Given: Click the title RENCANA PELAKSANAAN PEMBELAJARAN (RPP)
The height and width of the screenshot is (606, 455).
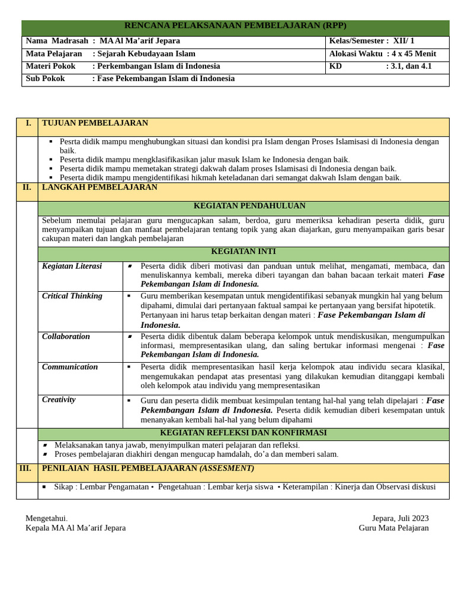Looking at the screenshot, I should (235, 25).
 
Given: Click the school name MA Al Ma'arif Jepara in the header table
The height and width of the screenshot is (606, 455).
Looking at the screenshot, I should (140, 41).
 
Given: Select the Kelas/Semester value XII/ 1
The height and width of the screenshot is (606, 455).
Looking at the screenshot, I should (404, 41).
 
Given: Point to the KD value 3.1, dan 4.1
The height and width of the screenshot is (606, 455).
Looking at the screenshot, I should (409, 66).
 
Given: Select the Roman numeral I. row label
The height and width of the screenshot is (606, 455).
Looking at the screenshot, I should (27, 123).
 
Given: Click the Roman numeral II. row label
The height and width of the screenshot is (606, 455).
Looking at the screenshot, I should (27, 187).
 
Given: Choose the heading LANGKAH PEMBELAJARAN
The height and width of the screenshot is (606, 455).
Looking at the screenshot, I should (100, 187).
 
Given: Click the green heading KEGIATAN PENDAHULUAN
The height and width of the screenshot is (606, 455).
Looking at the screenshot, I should (249, 206).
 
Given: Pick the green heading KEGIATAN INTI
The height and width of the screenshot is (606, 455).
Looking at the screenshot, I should (243, 252).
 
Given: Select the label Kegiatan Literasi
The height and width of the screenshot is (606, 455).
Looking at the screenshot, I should (72, 266).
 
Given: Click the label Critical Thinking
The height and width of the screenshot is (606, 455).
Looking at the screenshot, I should (72, 296).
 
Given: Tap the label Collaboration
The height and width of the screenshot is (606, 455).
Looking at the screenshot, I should (66, 337).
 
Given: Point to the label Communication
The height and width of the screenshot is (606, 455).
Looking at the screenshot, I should (70, 367).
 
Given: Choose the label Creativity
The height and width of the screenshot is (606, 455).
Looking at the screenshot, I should (59, 399).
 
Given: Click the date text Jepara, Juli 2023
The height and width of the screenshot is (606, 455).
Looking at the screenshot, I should (400, 518).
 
